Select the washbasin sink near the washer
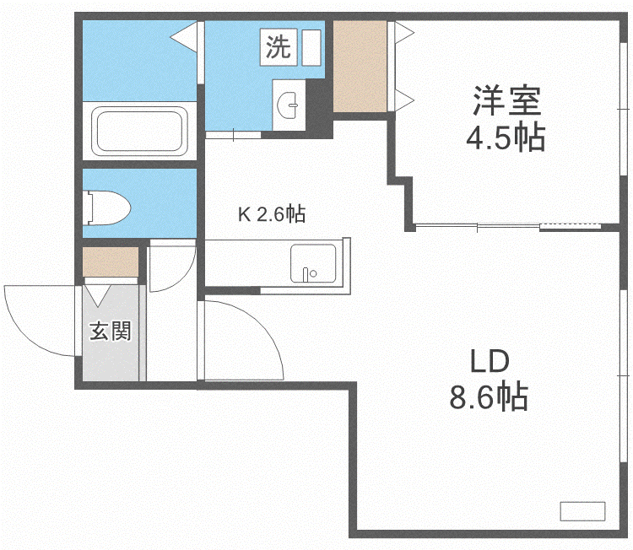pyautogui.click(x=289, y=106)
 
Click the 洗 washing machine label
pyautogui.click(x=278, y=47)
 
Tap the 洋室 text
pyautogui.click(x=506, y=103)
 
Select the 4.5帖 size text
pyautogui.click(x=506, y=137)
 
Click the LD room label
pyautogui.click(x=489, y=362)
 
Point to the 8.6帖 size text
pyautogui.click(x=489, y=396)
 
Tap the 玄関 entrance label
pyautogui.click(x=111, y=332)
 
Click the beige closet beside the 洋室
pyautogui.click(x=360, y=66)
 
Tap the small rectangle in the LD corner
pyautogui.click(x=582, y=510)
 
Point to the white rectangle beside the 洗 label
pyautogui.click(x=311, y=46)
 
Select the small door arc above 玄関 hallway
pyautogui.click(x=173, y=268)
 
